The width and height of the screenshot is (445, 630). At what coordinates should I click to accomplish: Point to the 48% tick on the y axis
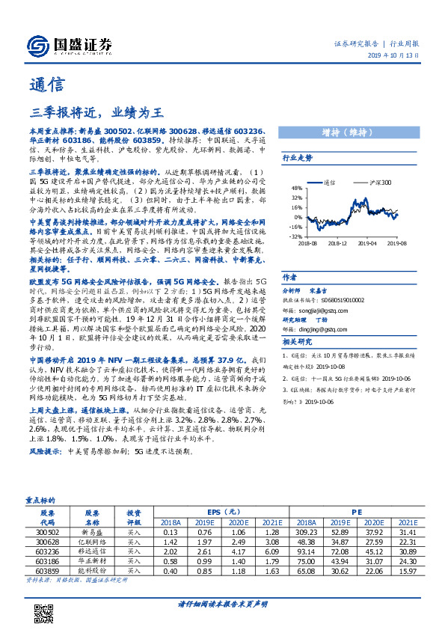tap(297, 189)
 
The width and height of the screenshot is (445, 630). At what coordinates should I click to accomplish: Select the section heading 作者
tap(291, 275)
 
